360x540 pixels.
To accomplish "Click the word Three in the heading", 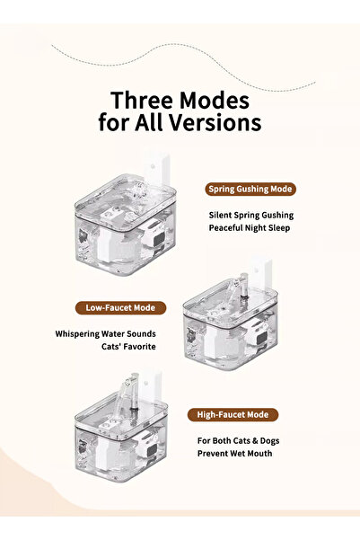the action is coord(142,101).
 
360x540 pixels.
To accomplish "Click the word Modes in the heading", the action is coord(215,101).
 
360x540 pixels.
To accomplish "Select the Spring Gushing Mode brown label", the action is coord(250,189).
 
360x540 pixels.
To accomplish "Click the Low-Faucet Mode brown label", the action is coord(120,308).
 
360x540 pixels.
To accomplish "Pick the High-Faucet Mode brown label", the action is coord(233,414).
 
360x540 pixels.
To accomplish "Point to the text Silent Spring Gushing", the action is coord(251,216).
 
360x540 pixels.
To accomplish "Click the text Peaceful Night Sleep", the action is coord(250,228).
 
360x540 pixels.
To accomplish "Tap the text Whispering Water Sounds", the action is coord(105,334).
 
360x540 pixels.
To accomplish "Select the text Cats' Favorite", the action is coord(128,347).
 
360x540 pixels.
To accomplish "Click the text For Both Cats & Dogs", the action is coord(238,441).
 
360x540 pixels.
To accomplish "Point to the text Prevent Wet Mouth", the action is coord(234,454).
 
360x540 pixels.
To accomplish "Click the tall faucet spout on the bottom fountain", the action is coord(127,393).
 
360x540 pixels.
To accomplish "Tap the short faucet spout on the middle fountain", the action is coord(238,287).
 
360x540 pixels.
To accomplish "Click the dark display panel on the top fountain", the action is coord(159,239).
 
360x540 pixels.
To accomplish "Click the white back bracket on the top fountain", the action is coord(157,170).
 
